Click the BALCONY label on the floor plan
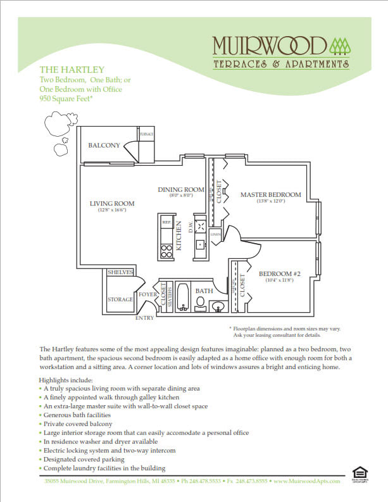(x=104, y=146)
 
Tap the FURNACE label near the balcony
(x=146, y=134)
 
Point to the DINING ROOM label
(x=181, y=189)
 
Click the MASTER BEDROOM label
(x=270, y=194)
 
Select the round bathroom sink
(x=220, y=308)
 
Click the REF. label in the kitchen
(x=167, y=223)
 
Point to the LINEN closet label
(x=215, y=234)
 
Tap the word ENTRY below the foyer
(x=144, y=318)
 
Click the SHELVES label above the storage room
(x=120, y=272)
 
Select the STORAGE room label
(x=120, y=299)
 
